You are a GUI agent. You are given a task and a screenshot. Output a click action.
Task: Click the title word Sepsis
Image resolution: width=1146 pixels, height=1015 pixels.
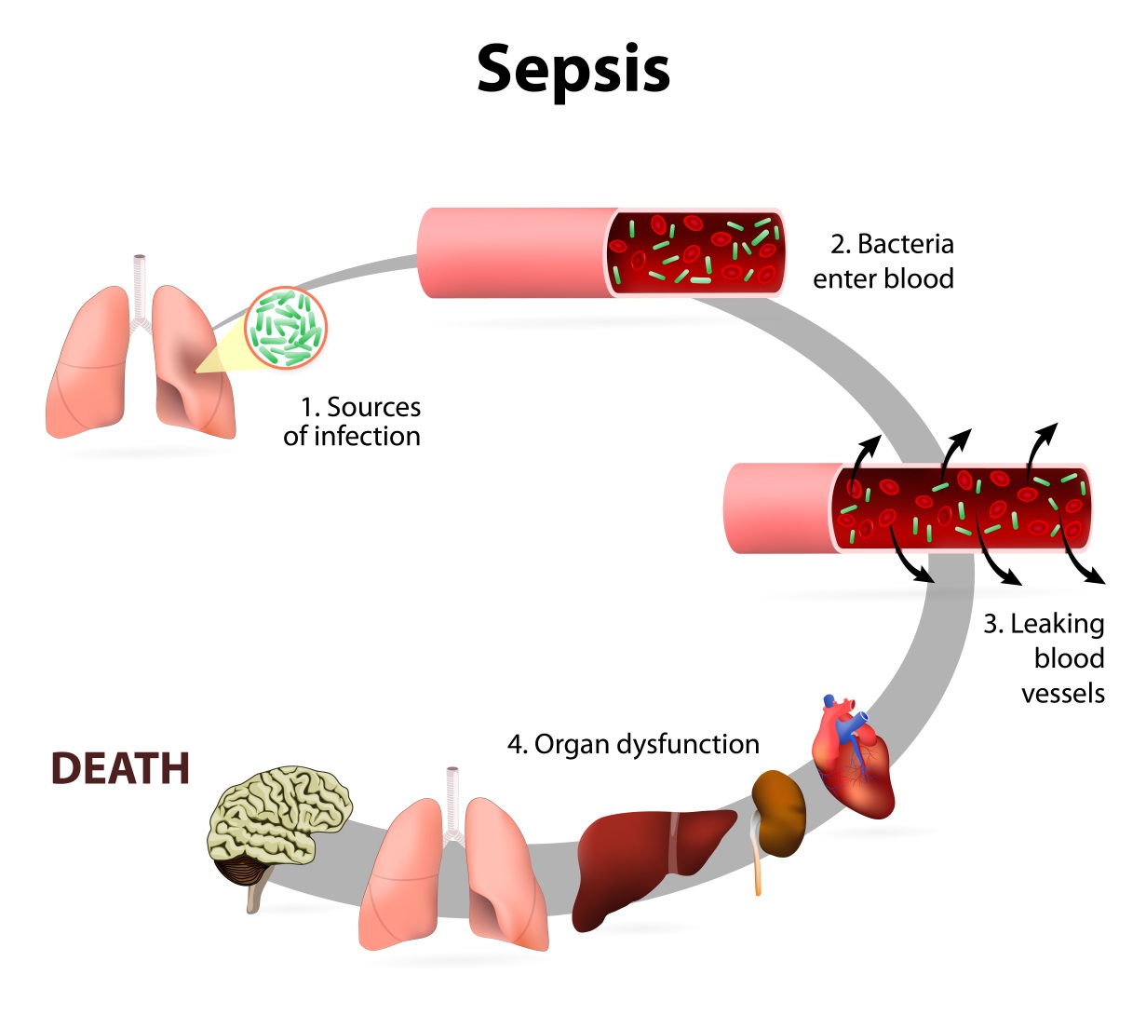(x=573, y=70)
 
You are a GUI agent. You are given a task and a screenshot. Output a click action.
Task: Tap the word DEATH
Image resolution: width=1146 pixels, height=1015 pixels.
(x=120, y=768)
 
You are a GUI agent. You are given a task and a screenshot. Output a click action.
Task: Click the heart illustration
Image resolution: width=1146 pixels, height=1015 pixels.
(x=852, y=759)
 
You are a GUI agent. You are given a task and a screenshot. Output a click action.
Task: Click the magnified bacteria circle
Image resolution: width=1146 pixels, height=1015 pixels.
(x=286, y=330)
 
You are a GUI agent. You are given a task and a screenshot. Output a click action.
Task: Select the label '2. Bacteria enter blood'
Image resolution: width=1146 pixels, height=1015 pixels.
(x=883, y=262)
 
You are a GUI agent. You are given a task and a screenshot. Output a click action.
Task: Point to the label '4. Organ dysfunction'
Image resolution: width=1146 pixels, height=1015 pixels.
(x=633, y=744)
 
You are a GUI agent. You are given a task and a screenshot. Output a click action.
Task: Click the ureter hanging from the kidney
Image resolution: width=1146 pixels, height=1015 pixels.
(x=757, y=861)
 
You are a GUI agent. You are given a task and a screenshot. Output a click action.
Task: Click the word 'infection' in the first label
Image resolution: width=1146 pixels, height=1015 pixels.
(x=367, y=437)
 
